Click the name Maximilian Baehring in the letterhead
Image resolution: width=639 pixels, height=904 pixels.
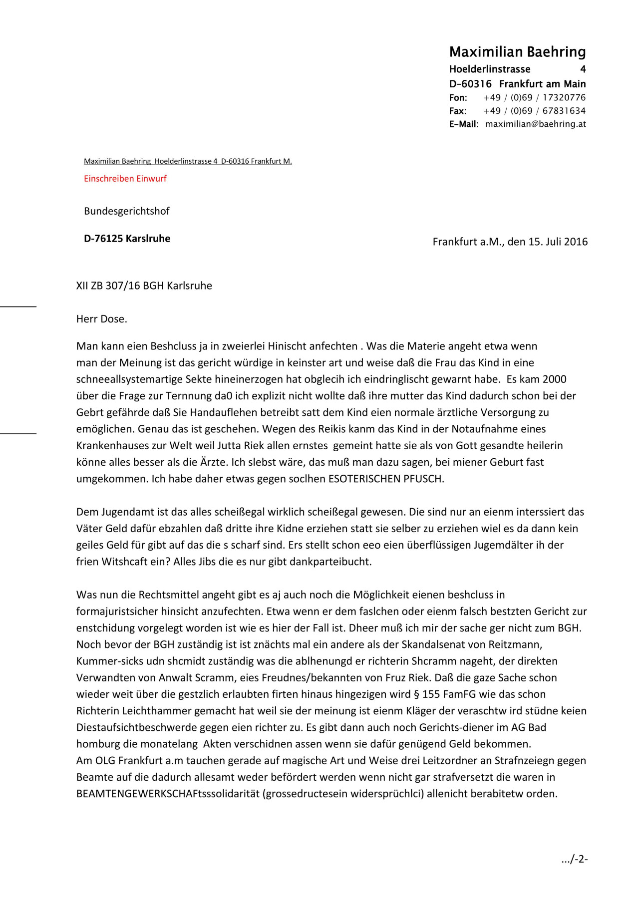517,52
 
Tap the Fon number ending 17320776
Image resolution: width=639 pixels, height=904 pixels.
534,98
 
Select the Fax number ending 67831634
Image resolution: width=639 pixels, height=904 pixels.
534,111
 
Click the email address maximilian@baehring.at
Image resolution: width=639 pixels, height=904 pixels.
535,124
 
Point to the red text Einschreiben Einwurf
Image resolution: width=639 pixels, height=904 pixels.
125,179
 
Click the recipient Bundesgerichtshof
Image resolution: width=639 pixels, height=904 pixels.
126,211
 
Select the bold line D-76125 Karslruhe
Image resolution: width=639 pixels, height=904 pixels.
127,239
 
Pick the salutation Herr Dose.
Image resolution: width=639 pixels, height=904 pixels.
101,319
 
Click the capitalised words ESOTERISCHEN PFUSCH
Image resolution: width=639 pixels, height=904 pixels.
386,479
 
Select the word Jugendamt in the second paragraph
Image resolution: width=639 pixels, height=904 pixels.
128,512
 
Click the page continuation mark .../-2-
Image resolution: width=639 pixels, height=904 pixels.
574,859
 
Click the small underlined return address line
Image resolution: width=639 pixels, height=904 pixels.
188,161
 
